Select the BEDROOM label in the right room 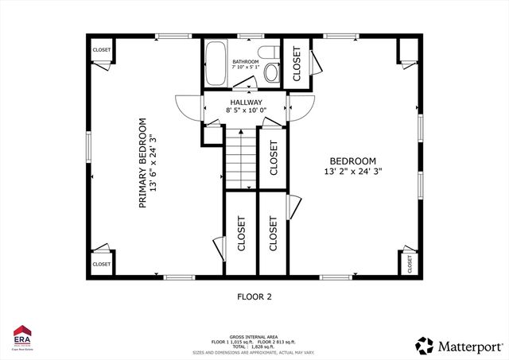348,159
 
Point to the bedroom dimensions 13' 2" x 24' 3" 359,171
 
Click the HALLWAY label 247,103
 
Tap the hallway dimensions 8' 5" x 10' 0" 247,112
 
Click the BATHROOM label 245,61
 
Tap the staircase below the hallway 239,159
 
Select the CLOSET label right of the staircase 273,157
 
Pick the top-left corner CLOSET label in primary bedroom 102,49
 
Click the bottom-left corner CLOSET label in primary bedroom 101,264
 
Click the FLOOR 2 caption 254,297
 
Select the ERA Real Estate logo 22,337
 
